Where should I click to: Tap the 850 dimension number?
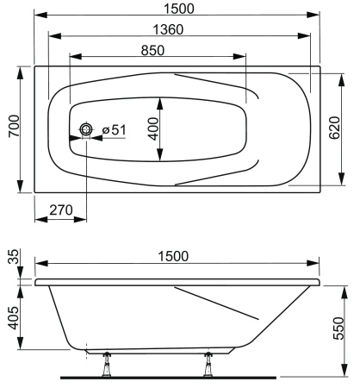tap(153, 49)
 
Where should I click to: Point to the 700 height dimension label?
tap(9, 129)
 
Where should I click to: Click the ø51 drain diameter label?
tap(114, 130)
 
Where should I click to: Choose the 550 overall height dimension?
tap(347, 328)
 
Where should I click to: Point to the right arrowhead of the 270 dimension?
tap(84, 217)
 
